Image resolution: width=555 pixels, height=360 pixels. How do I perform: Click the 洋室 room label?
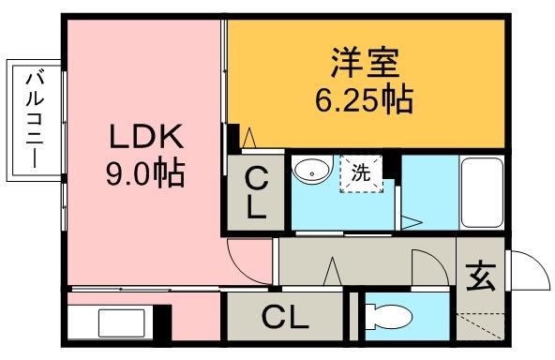[x=366, y=63]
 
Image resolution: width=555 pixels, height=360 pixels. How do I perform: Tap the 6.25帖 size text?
[x=364, y=99]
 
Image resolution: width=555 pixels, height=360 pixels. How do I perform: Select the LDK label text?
[x=146, y=137]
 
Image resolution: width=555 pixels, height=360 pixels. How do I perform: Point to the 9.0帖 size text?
[x=145, y=173]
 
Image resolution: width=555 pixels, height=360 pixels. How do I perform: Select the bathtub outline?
[x=482, y=192]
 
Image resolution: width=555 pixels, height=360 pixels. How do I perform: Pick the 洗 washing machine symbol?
[x=361, y=173]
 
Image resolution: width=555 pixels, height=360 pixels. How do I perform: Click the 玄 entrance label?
[x=480, y=276]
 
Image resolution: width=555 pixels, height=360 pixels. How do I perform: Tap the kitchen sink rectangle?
[x=122, y=322]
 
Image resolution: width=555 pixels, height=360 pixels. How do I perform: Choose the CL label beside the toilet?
[x=285, y=318]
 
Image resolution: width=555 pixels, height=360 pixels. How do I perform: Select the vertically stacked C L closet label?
[x=256, y=193]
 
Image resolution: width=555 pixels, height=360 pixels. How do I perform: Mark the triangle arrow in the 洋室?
[x=249, y=138]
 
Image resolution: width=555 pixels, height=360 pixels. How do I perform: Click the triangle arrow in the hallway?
[x=333, y=271]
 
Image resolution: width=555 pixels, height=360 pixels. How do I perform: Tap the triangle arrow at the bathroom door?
[x=412, y=222]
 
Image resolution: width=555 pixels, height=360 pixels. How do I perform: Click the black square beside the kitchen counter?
[x=164, y=322]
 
